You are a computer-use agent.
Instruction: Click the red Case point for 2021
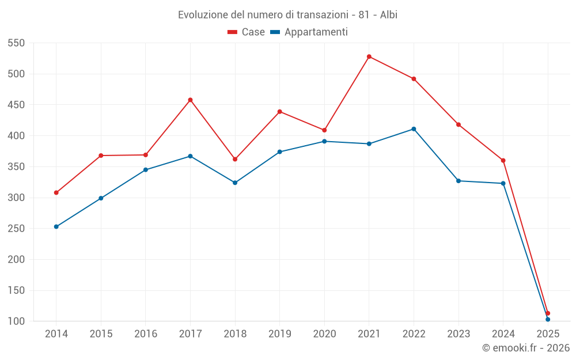coord(369,56)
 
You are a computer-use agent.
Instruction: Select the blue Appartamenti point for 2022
coord(414,129)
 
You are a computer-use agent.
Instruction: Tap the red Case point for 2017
coord(190,100)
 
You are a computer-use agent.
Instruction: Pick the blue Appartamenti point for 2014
coord(56,226)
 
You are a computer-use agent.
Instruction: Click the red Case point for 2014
coord(56,192)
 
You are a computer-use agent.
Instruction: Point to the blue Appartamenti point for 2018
coord(235,183)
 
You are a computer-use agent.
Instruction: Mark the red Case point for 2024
coord(503,160)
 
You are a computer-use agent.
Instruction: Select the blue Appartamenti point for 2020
coord(324,141)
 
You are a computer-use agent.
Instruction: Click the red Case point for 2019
coord(279,112)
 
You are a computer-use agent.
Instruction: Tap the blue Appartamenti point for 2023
coord(458,181)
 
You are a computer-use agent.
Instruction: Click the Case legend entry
coord(247,32)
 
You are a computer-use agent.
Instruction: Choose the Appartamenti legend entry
coord(309,32)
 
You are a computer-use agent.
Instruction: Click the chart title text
coord(287,14)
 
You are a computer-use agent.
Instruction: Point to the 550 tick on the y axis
coord(16,43)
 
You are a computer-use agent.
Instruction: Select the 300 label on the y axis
coord(16,198)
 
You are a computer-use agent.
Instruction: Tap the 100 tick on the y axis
coord(16,321)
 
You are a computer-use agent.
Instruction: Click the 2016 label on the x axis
coord(146,334)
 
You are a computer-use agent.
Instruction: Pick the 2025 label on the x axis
coord(548,334)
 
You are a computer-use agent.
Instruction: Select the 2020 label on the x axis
coord(324,334)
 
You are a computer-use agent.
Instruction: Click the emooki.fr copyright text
coord(526,348)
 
